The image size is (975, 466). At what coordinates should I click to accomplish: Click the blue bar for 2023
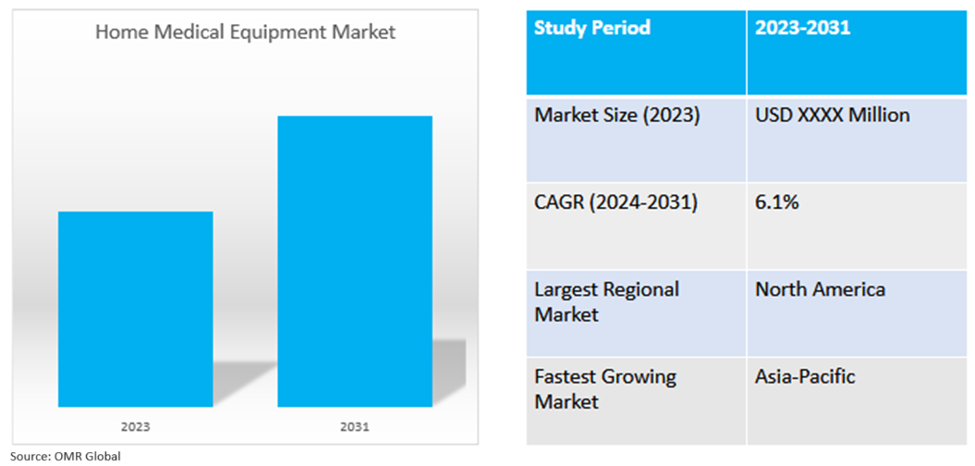(x=135, y=309)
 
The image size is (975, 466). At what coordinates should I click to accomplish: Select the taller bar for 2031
(x=355, y=261)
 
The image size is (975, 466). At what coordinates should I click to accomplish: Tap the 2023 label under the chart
(x=135, y=427)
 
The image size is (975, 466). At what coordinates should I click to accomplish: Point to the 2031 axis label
(x=355, y=427)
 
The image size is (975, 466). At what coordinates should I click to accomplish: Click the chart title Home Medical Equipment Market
(x=245, y=32)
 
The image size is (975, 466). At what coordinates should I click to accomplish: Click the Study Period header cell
(x=592, y=28)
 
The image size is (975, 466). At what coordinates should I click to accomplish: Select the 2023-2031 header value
(x=802, y=28)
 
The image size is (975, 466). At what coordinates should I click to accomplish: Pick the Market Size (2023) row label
(x=616, y=116)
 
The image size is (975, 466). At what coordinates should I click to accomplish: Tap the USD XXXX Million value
(x=832, y=116)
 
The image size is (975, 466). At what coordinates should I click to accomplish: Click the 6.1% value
(x=776, y=202)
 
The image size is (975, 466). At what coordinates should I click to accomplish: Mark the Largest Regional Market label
(x=606, y=301)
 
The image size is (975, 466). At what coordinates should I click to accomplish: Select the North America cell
(x=820, y=289)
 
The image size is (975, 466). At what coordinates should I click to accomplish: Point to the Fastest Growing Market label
(x=604, y=389)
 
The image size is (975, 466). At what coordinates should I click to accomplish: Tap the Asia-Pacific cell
(x=805, y=377)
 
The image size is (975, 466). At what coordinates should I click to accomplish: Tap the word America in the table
(x=849, y=289)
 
